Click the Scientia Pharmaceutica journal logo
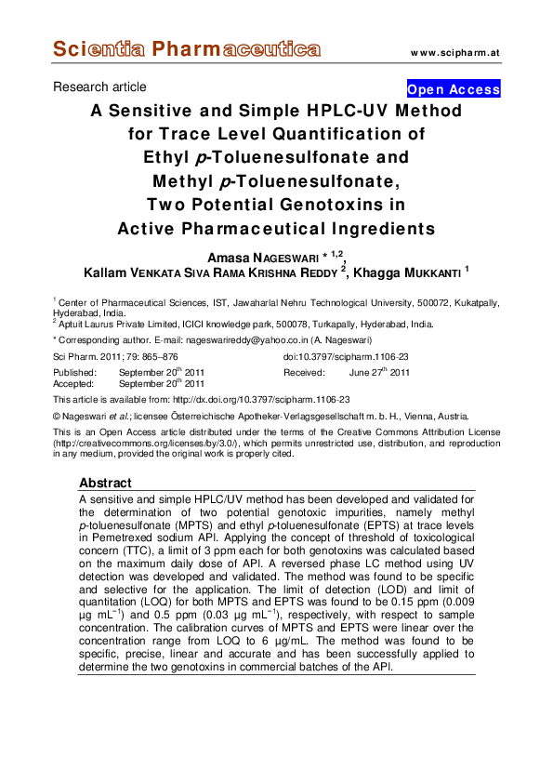point(187,49)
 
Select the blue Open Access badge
point(454,89)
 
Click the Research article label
point(99,87)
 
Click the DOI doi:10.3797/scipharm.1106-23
point(346,358)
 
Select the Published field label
point(75,372)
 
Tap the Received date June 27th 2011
point(379,372)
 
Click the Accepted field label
point(74,383)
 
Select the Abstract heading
point(105,484)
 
